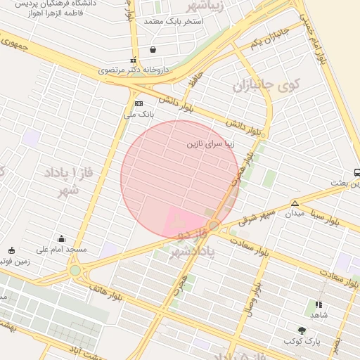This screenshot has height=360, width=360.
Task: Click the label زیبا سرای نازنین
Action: [x=210, y=143]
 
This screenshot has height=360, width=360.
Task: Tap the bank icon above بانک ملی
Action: [x=139, y=103]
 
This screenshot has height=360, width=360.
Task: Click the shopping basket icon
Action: [x=153, y=49]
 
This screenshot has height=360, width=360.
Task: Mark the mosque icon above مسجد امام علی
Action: [x=62, y=238]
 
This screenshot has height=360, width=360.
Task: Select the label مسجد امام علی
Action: [x=63, y=250]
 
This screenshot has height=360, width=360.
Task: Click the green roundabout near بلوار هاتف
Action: [x=75, y=270]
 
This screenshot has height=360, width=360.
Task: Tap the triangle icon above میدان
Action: [x=295, y=204]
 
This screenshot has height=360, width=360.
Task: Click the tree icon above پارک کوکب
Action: [x=302, y=330]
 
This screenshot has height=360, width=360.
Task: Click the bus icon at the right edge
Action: [x=356, y=172]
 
